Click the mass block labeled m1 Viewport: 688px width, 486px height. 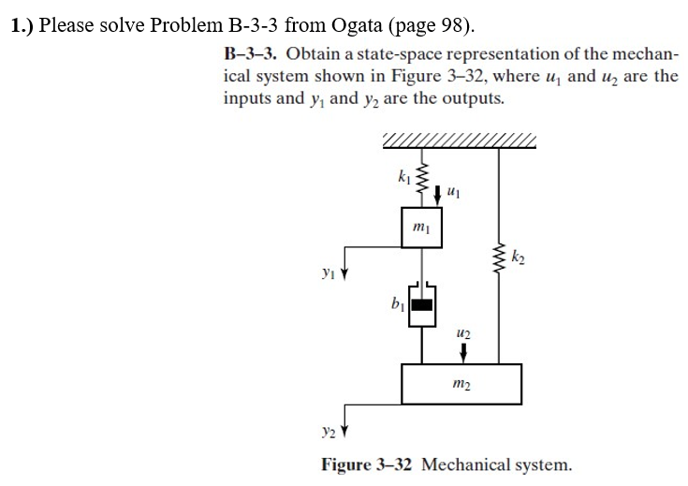pyautogui.click(x=419, y=229)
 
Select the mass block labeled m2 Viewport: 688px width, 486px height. pyautogui.click(x=461, y=383)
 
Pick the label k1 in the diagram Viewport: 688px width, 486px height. pyautogui.click(x=403, y=173)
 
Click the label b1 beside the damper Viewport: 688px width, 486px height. pyautogui.click(x=398, y=303)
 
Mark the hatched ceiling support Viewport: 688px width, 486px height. pyautogui.click(x=459, y=141)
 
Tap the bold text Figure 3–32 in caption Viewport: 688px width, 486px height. pyautogui.click(x=367, y=464)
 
